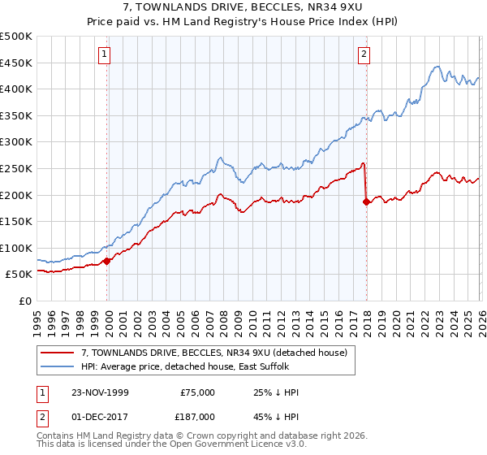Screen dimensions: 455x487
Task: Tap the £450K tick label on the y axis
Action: [16, 63]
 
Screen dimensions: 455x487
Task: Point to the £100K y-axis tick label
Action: [16, 248]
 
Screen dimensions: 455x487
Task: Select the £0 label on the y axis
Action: [26, 301]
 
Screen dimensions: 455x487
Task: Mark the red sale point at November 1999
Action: [107, 261]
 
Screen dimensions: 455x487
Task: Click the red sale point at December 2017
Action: [366, 201]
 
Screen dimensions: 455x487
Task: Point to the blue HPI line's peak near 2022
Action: [437, 67]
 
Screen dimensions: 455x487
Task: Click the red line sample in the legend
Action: [58, 352]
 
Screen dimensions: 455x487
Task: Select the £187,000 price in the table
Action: [197, 415]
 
